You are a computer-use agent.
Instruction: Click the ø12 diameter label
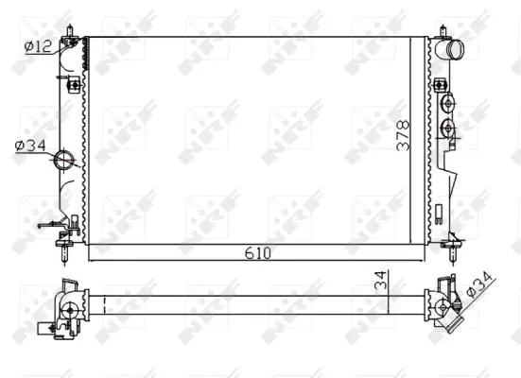[x=38, y=45]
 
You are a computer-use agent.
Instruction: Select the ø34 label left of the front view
[x=30, y=145]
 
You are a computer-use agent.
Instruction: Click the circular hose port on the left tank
[x=64, y=160]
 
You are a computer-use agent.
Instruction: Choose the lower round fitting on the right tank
[x=449, y=129]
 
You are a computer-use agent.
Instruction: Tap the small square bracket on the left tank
[x=73, y=86]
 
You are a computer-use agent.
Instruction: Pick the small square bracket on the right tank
[x=440, y=86]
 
